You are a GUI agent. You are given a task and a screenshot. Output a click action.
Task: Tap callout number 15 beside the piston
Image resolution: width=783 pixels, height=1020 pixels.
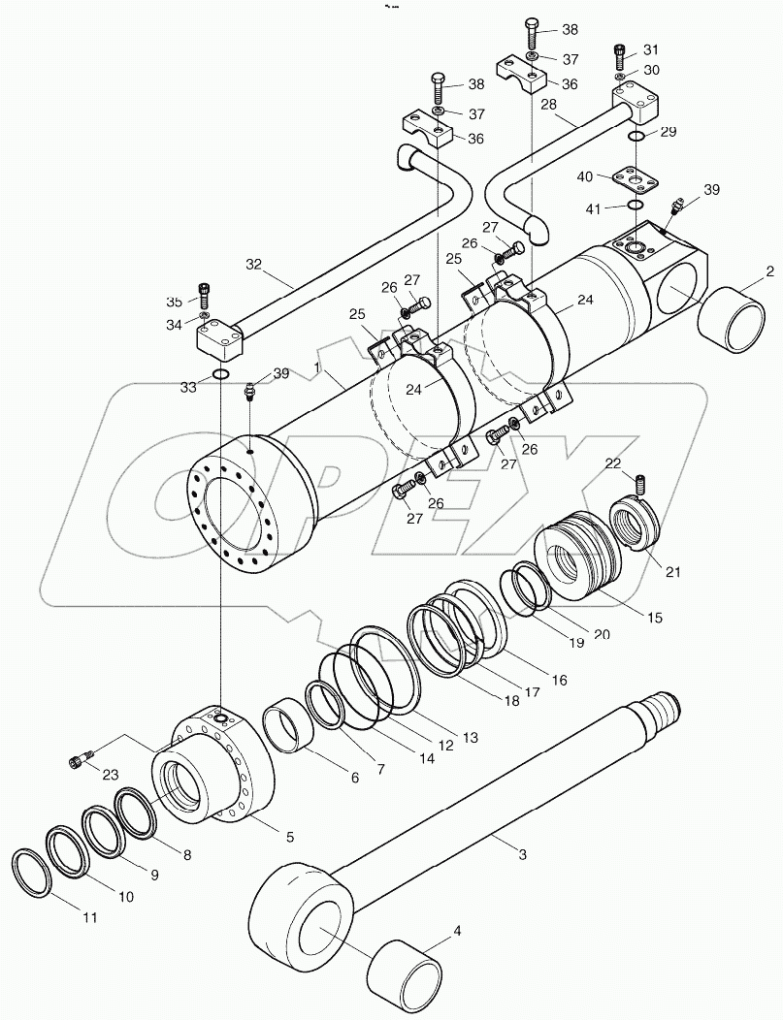(657, 617)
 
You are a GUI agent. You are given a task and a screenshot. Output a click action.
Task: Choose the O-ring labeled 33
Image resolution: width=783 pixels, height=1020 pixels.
(221, 376)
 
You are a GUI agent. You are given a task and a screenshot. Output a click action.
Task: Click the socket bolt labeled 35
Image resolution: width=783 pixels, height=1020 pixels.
(204, 290)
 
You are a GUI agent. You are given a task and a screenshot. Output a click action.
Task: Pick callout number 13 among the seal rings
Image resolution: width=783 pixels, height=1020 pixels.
(470, 738)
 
